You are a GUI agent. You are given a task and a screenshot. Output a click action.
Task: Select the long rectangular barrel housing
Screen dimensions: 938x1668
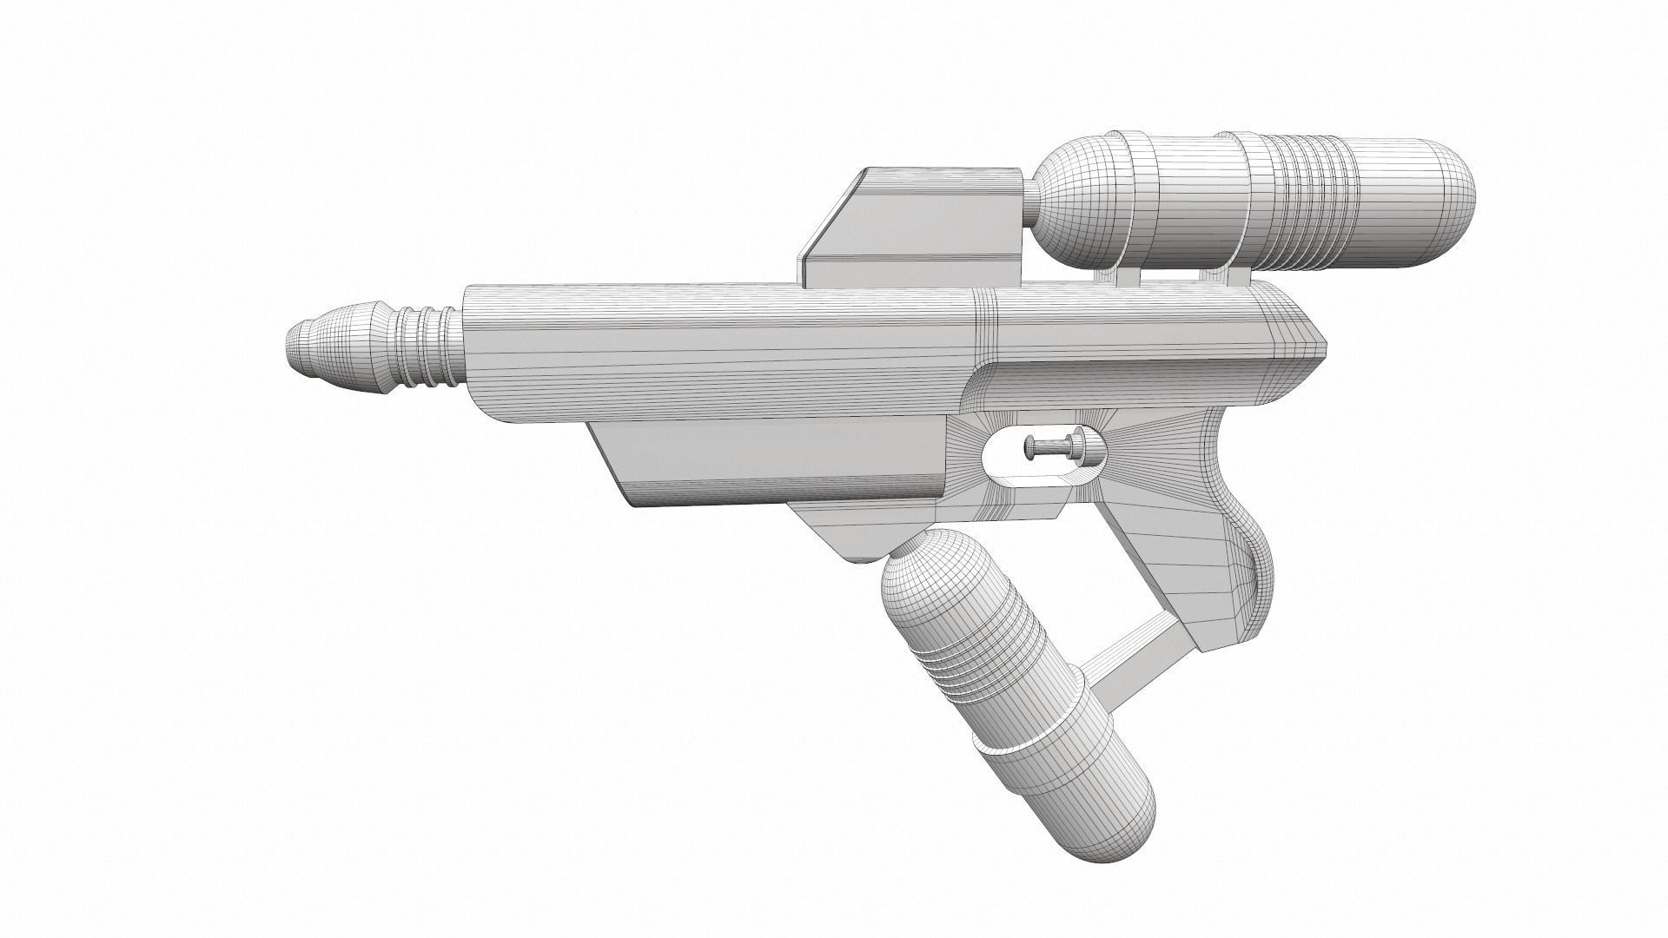point(721,356)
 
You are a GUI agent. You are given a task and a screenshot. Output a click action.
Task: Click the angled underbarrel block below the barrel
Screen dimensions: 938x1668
point(764,460)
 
